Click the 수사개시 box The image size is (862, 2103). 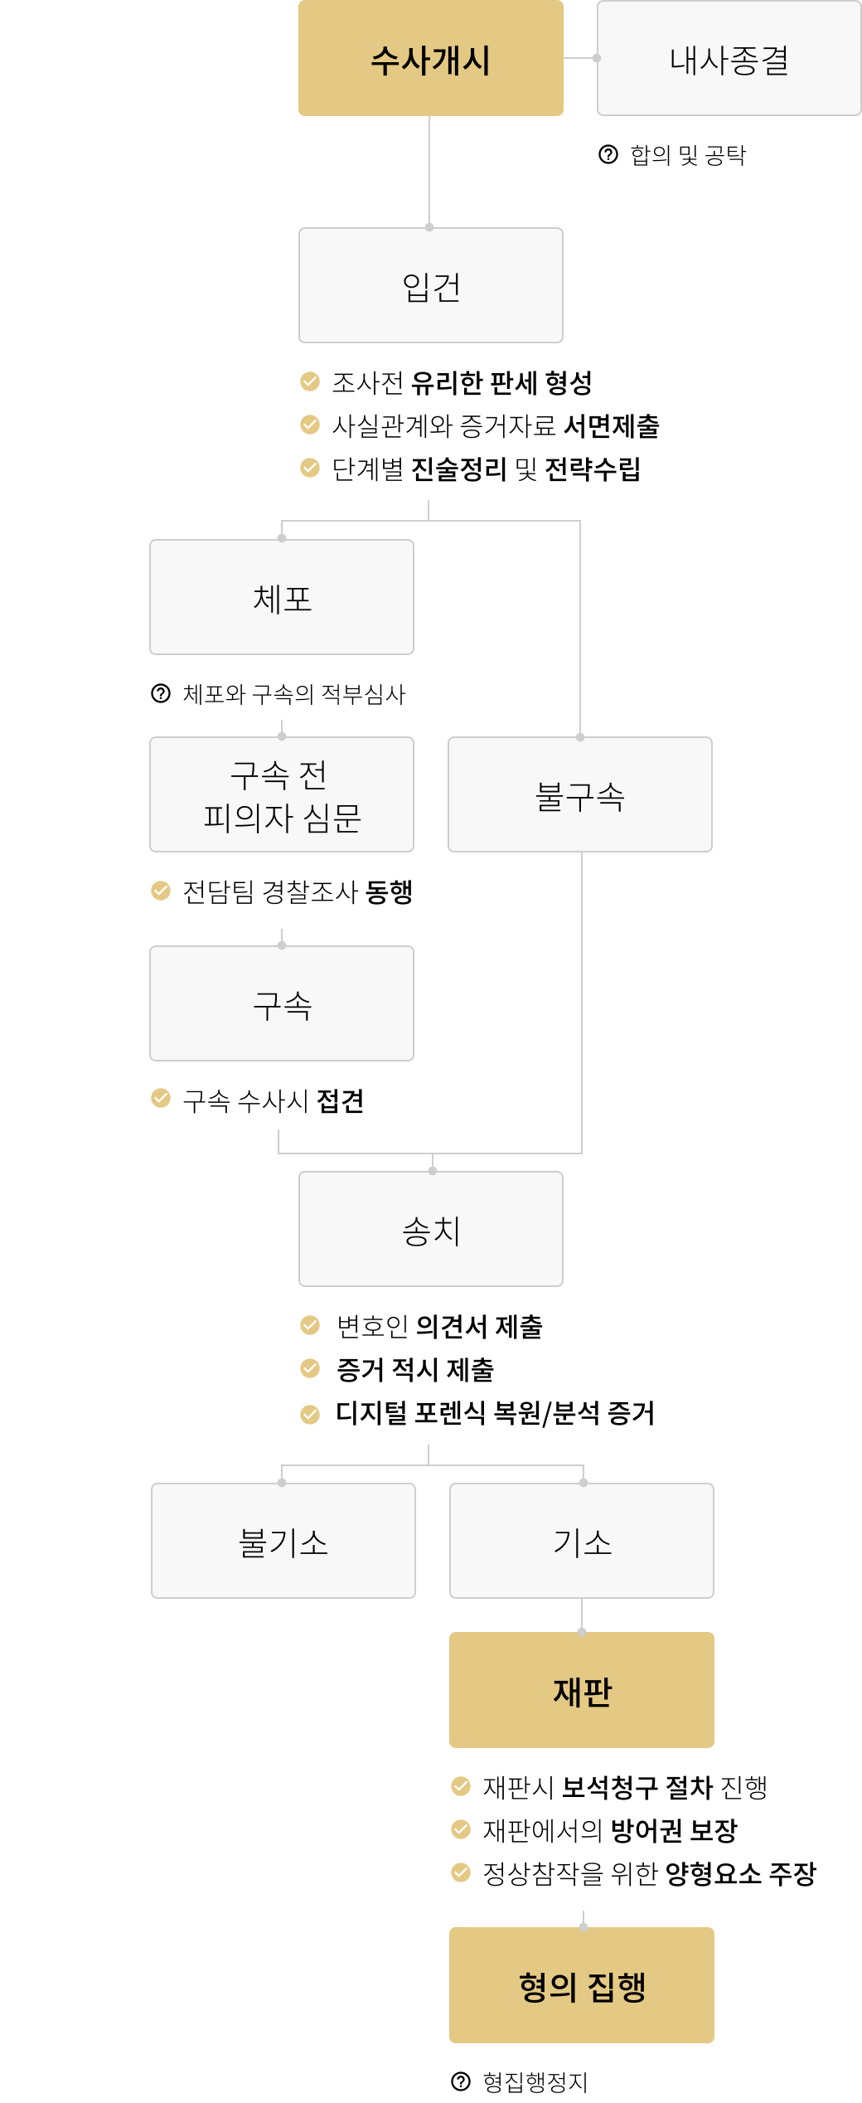(430, 58)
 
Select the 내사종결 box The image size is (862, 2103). (729, 58)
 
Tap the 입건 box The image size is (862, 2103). (430, 285)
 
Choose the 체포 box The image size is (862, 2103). (281, 597)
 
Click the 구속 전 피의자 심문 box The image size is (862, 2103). (281, 794)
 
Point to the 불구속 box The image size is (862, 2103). (579, 794)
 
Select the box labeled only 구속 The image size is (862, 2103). (281, 1003)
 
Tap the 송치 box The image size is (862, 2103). (430, 1229)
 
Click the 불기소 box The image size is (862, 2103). (283, 1541)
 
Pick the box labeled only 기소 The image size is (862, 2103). (581, 1541)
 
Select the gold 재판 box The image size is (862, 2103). (581, 1690)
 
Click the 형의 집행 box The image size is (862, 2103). (581, 1985)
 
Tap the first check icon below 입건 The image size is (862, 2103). (310, 381)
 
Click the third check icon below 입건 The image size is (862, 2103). (310, 468)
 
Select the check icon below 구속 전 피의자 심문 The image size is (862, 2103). (161, 891)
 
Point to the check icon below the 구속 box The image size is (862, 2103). (161, 1098)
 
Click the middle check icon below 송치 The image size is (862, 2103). (310, 1368)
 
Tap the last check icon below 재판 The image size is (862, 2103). (461, 1872)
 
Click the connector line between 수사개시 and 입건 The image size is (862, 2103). (429, 171)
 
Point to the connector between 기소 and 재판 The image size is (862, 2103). (582, 1615)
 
